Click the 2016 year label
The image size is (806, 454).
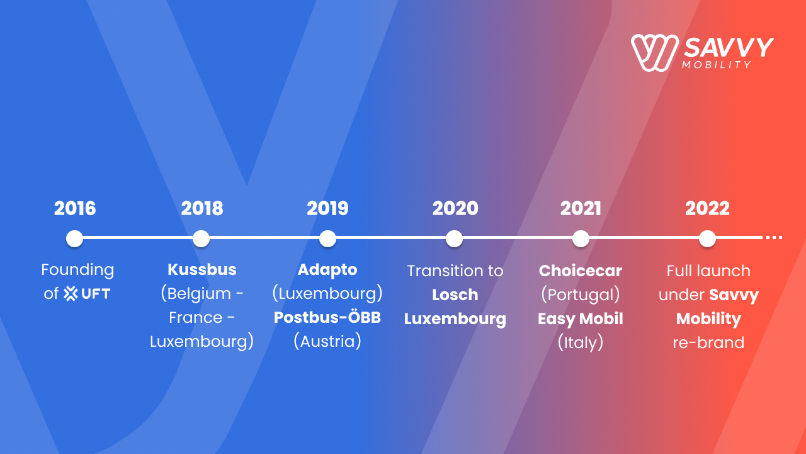75,208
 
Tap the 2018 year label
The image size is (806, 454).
202,208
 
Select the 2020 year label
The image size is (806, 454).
455,208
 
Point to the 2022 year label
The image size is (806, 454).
707,208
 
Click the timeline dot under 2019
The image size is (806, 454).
327,238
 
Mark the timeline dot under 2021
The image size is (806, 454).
581,238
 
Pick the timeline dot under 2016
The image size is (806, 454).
74,238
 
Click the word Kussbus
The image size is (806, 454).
202,269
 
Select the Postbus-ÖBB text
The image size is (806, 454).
327,317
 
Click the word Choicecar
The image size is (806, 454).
581,271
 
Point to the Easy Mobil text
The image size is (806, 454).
581,319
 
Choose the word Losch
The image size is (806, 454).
455,294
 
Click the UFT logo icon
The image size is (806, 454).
71,294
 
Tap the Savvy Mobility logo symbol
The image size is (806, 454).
655,52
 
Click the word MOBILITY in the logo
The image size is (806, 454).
717,65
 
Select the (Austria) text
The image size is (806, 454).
327,341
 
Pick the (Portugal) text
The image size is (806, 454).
581,294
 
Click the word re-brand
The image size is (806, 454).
708,342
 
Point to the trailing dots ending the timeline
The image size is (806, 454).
774,238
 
